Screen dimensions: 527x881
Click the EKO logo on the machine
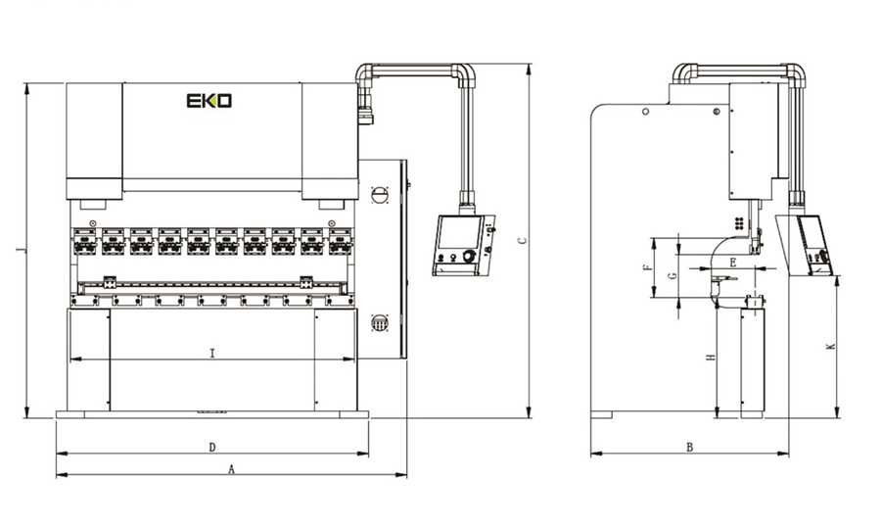209,101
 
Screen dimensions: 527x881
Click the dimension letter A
231,469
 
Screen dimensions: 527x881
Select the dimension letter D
212,448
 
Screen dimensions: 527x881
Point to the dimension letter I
212,353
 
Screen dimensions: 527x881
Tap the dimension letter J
19,251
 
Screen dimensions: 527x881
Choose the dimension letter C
521,239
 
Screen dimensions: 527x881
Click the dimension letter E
732,263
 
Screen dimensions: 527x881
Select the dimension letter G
672,277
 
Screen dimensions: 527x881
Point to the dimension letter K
830,346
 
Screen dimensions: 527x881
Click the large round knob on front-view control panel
469,257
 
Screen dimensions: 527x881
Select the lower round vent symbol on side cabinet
381,322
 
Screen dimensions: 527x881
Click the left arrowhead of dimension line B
594,455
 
